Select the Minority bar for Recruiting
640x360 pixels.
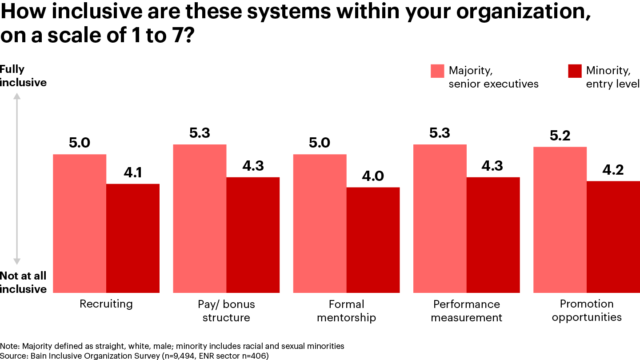coord(133,238)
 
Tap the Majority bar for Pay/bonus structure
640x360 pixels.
coord(200,218)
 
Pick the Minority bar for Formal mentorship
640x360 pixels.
coord(373,240)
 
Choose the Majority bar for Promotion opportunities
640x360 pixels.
coord(560,220)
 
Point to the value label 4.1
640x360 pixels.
coord(132,172)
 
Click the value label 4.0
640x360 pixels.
coord(373,176)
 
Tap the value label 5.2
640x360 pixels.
coord(560,136)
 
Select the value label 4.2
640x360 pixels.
coord(613,170)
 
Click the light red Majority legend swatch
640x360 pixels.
coord(437,71)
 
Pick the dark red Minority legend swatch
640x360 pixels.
coord(575,71)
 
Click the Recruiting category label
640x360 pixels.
coord(106,304)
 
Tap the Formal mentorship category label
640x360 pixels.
coord(346,311)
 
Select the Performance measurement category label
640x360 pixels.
coord(466,311)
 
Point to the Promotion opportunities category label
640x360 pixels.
coord(587,310)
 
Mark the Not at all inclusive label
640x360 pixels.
coord(23,282)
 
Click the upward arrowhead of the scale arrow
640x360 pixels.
coord(17,96)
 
